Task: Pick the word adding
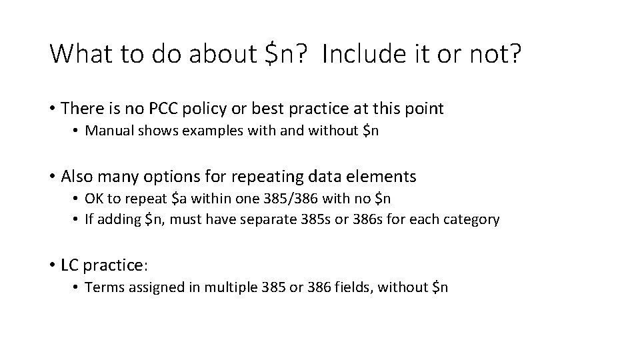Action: [x=119, y=219]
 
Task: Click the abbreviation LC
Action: [x=69, y=265]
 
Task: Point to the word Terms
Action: [x=102, y=287]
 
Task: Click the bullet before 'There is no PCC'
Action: [x=51, y=108]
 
